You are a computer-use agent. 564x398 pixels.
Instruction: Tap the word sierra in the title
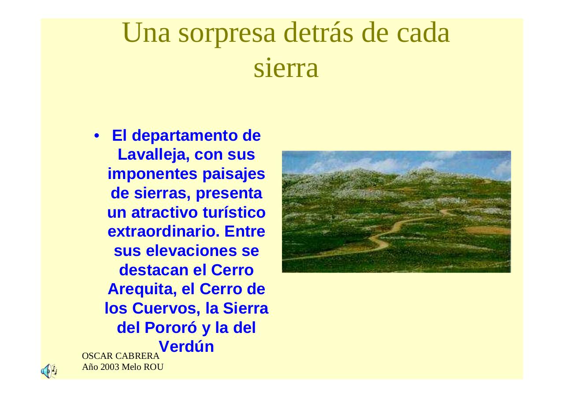pyautogui.click(x=286, y=69)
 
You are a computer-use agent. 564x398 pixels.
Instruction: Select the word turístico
pyautogui.click(x=234, y=212)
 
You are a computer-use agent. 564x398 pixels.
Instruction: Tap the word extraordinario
pyautogui.click(x=163, y=231)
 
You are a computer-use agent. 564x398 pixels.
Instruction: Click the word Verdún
pyautogui.click(x=186, y=347)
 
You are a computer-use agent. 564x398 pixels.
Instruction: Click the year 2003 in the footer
pyautogui.click(x=109, y=367)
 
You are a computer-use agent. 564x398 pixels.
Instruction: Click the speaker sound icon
pyautogui.click(x=48, y=371)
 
